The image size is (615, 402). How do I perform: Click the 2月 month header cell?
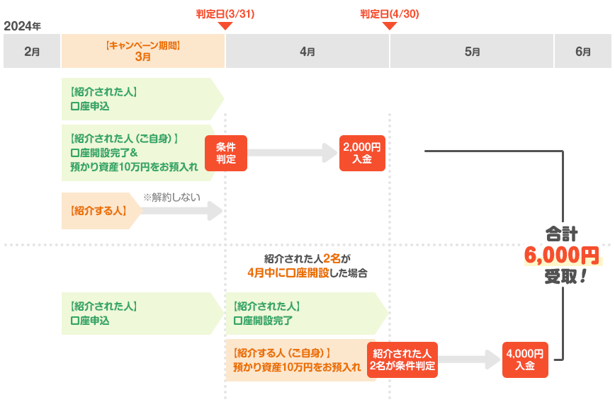click(x=32, y=51)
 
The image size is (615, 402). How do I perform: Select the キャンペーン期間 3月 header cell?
click(x=143, y=51)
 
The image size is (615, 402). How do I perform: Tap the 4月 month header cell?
click(x=307, y=51)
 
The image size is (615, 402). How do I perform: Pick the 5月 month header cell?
click(x=472, y=51)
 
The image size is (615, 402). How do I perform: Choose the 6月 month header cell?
click(x=583, y=51)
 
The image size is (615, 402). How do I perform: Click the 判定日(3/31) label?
click(x=225, y=13)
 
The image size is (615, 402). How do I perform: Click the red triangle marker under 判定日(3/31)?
click(x=225, y=27)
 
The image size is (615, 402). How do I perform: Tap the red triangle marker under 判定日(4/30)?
click(x=390, y=27)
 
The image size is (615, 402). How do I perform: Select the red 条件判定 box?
click(x=226, y=153)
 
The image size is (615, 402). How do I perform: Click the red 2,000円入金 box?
click(x=362, y=153)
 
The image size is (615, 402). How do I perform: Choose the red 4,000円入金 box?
click(x=525, y=359)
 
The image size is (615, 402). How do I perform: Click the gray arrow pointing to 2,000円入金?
click(x=293, y=152)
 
